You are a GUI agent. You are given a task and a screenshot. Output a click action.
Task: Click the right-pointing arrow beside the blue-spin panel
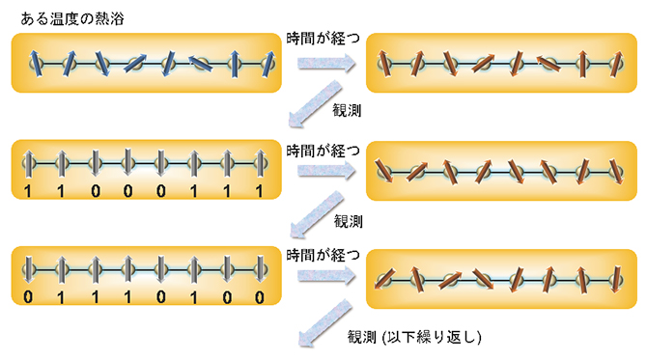tap(324, 63)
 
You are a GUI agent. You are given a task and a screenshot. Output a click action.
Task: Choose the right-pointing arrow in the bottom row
tap(324, 279)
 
